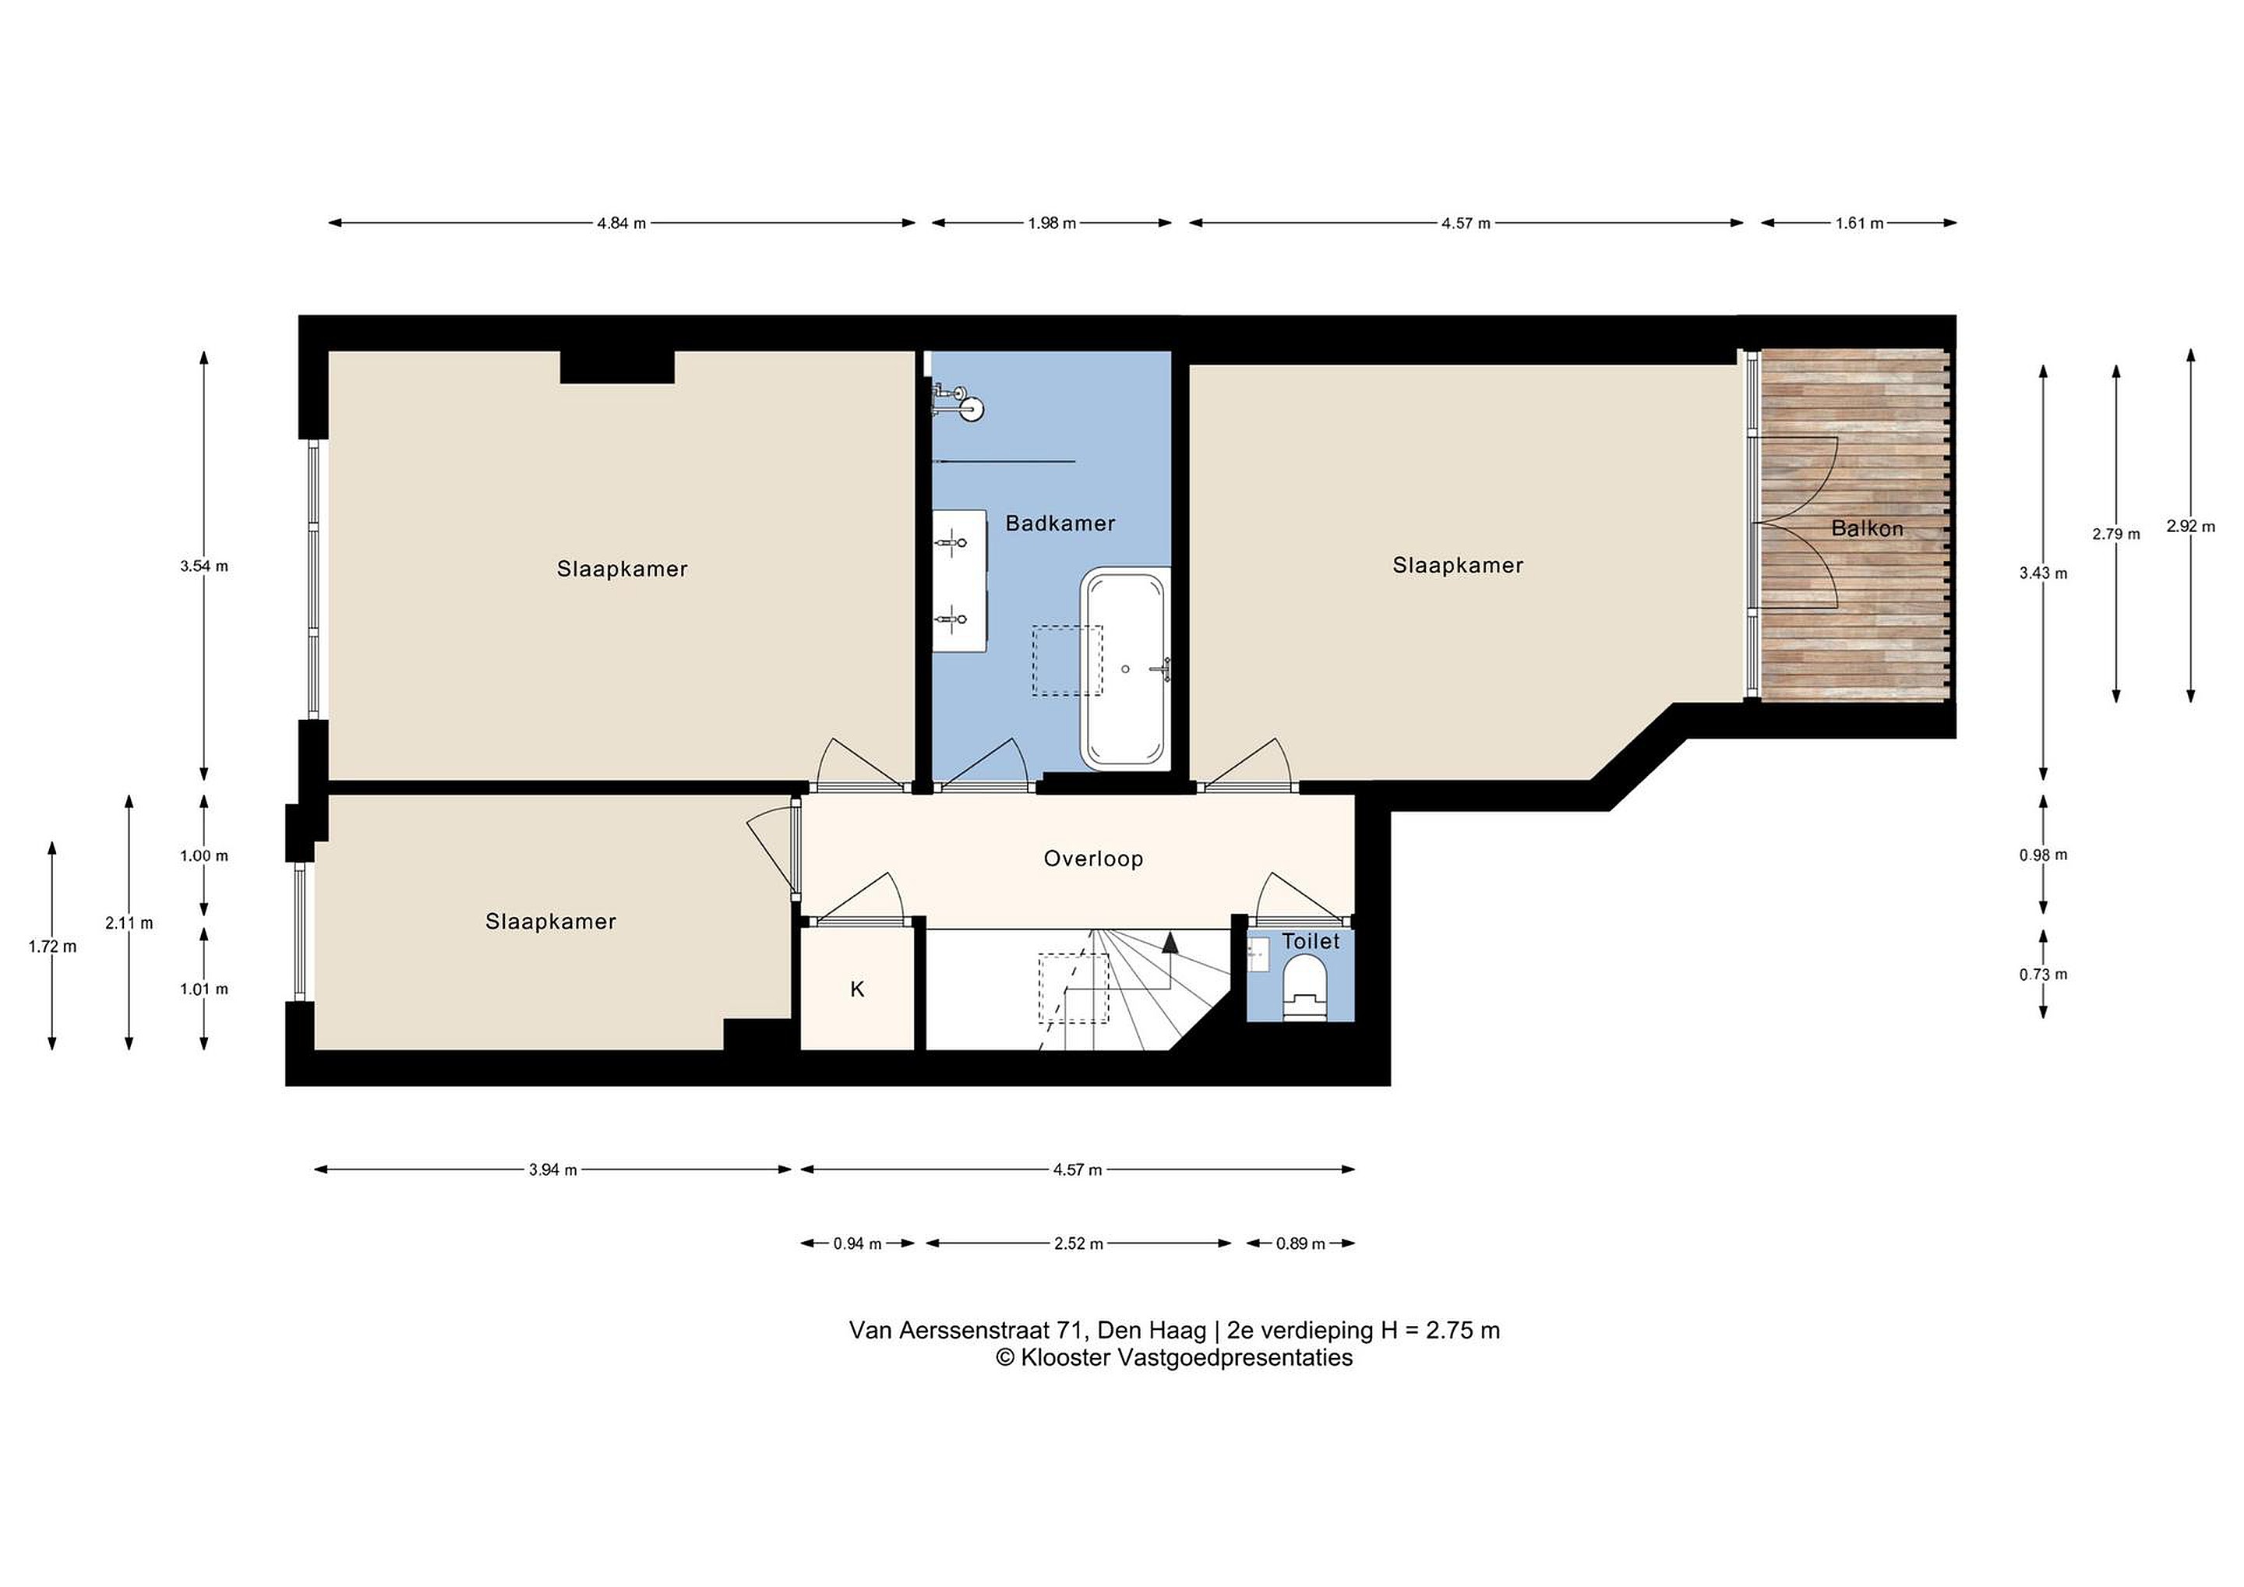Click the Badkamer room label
coord(1060,524)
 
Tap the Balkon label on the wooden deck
coord(1867,529)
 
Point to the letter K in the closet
coord(857,990)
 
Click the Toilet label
coord(1311,941)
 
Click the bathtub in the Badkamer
coord(1125,668)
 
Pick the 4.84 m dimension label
coord(622,223)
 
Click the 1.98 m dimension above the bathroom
coord(1052,223)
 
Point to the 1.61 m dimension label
coord(1859,223)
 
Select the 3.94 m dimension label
coord(553,1169)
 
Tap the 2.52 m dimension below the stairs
coord(1079,1244)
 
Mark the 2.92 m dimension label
coord(2191,526)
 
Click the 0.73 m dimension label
coord(2044,975)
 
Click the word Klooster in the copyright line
coord(1065,1357)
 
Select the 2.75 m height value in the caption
coord(1463,1330)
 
